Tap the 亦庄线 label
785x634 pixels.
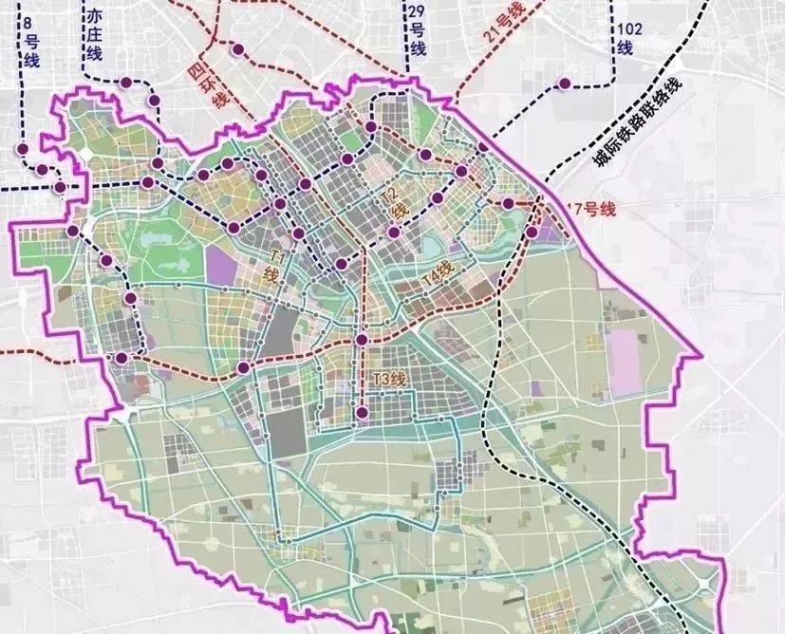coord(93,39)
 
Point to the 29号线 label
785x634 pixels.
coord(416,29)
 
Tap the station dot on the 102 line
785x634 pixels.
coord(565,84)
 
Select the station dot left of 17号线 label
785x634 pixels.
coord(508,203)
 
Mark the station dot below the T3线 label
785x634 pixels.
coord(362,412)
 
